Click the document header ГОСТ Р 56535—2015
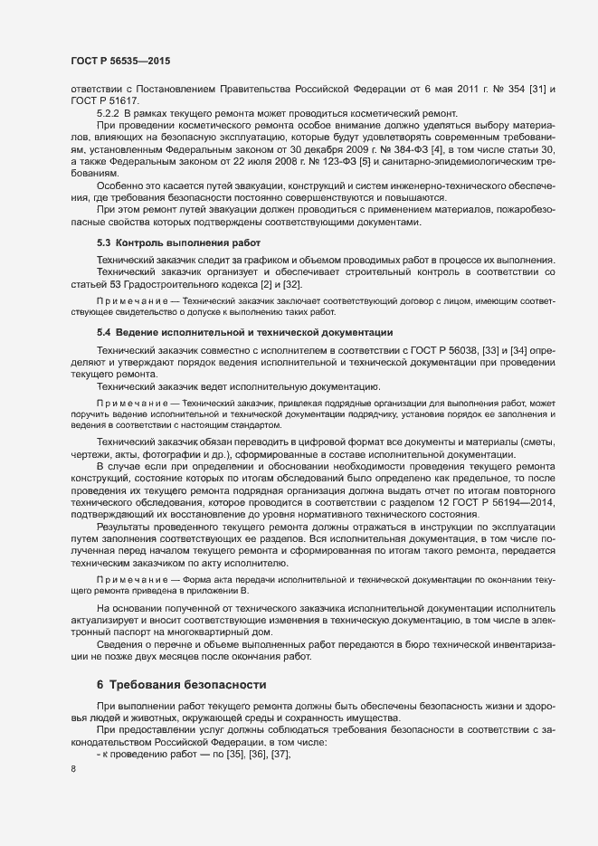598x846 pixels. [119, 61]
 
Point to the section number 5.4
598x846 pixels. [105, 332]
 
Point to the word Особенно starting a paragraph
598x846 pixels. [119, 185]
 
